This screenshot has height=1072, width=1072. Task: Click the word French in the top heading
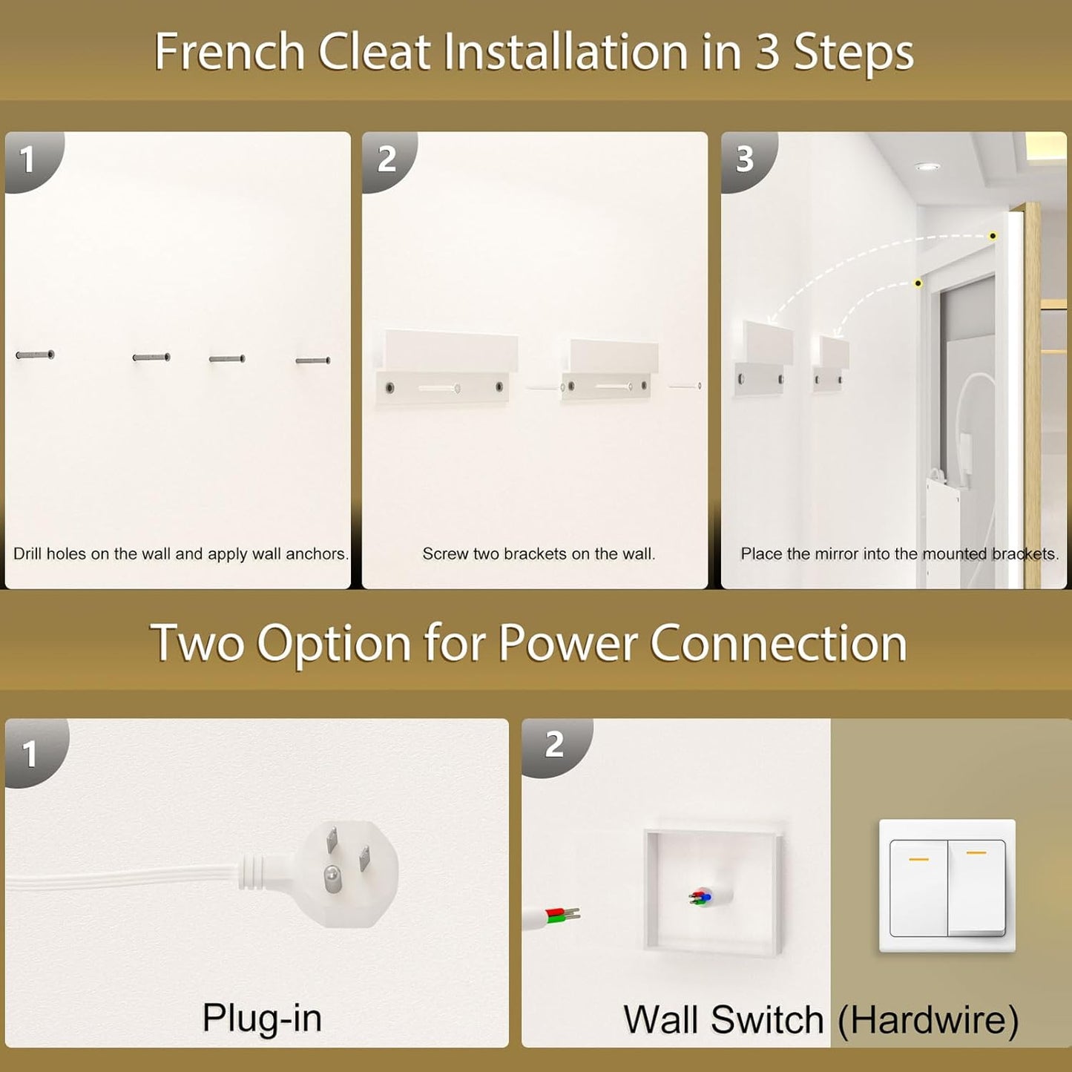tap(229, 53)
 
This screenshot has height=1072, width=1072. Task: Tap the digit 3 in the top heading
tap(767, 53)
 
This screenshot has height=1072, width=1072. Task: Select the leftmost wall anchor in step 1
tap(35, 355)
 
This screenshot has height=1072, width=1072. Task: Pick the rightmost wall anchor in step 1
tap(313, 361)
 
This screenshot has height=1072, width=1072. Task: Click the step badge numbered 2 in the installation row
tap(387, 160)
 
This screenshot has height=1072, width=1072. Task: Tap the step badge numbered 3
tap(745, 160)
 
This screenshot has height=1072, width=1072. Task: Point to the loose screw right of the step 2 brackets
tap(685, 386)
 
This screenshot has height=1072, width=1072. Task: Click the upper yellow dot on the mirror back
tap(993, 236)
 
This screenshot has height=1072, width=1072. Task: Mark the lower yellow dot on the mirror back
tap(918, 283)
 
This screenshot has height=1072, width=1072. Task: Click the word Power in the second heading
tap(567, 643)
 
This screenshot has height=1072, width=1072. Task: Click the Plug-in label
tap(262, 1018)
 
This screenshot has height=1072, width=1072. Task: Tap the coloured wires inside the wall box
tap(700, 898)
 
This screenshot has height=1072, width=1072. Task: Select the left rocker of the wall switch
tap(918, 887)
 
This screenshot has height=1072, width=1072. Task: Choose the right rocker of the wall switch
tap(976, 887)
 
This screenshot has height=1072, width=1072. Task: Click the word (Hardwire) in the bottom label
tap(928, 1020)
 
